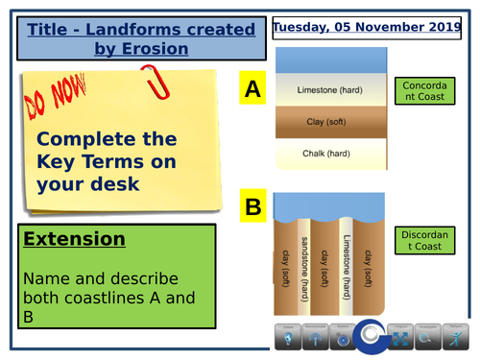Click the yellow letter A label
252,90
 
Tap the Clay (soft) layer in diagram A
325,122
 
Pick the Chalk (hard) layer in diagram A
325,155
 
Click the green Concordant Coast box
423,91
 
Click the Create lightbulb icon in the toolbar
288,340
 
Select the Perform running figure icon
453,340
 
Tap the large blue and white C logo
369,337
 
